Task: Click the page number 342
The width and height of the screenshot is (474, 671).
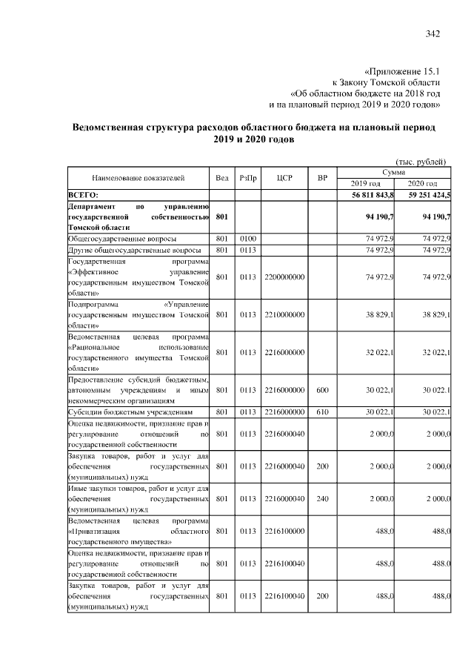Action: (433, 33)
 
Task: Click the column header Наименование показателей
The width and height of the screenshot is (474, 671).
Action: (138, 178)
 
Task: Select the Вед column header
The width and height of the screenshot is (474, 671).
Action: (222, 178)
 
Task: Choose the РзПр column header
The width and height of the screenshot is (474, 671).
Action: (247, 178)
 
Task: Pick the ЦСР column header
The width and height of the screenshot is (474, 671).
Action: (284, 178)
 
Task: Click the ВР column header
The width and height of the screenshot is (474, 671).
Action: (322, 178)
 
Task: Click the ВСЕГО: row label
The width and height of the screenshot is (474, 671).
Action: (84, 194)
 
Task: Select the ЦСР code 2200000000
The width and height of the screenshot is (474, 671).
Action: (284, 277)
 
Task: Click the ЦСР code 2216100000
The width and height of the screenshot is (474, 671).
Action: (284, 532)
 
